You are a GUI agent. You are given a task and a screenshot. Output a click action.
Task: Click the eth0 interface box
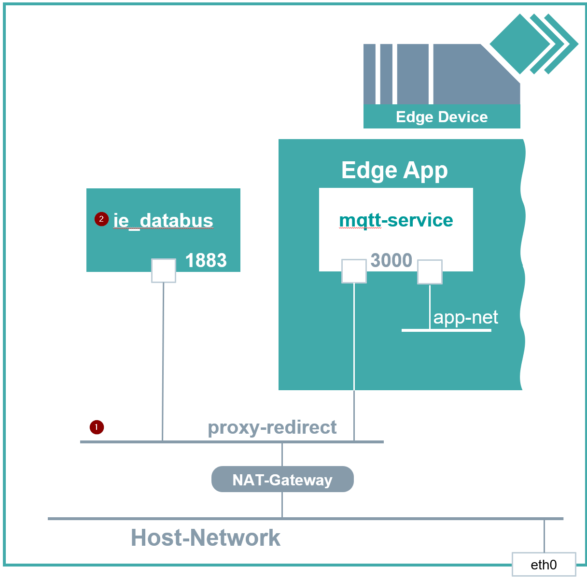(544, 564)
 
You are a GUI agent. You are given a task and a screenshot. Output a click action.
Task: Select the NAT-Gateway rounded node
(282, 479)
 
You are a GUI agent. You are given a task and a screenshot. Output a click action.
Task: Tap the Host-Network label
(206, 538)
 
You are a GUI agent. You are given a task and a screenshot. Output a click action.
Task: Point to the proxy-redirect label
(272, 427)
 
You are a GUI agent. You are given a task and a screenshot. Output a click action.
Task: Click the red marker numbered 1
(97, 427)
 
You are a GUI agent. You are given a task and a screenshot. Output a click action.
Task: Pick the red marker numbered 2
(101, 219)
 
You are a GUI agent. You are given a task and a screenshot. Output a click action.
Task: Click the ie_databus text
(163, 220)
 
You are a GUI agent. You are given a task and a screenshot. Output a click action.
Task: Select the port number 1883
(206, 260)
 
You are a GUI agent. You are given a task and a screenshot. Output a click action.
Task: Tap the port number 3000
(391, 260)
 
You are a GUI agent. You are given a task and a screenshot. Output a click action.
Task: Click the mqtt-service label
(396, 220)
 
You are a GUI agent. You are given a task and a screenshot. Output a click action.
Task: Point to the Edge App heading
(394, 170)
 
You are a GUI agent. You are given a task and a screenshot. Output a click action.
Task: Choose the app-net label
(465, 317)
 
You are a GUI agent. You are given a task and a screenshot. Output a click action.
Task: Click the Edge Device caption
(441, 117)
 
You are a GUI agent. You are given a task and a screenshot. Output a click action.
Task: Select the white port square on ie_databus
(164, 270)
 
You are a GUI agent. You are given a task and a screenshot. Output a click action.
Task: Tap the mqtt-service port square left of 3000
(354, 271)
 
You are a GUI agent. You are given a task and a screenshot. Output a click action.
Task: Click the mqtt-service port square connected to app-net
(430, 272)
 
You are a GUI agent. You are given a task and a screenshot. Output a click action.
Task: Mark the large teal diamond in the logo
(519, 44)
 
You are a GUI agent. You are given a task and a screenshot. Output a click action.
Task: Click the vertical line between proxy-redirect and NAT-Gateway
(282, 454)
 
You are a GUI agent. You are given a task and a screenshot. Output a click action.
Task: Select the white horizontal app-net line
(446, 330)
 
